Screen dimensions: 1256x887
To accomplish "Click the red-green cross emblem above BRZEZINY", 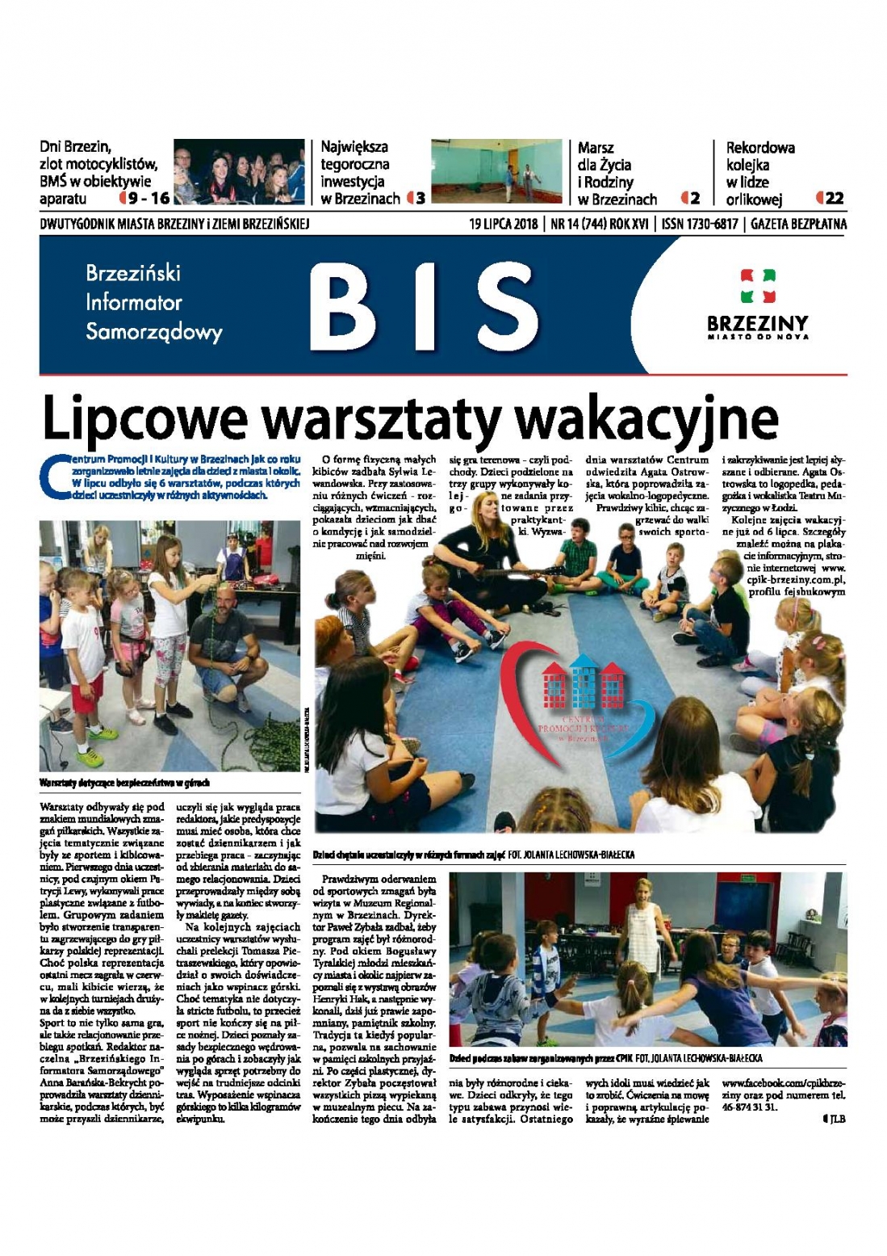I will [x=757, y=286].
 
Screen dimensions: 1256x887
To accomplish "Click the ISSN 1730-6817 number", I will [x=699, y=224].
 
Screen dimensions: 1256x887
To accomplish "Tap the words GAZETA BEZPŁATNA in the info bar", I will [x=798, y=224].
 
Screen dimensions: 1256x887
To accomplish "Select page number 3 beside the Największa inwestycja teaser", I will [x=420, y=199].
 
